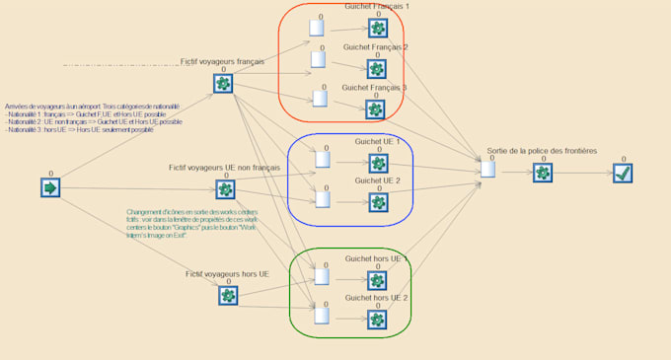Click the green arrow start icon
pyautogui.click(x=50, y=187)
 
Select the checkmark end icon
pyautogui.click(x=622, y=173)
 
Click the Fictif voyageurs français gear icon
pyautogui.click(x=224, y=84)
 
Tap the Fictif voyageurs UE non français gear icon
pyautogui.click(x=226, y=189)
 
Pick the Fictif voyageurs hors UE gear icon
pyautogui.click(x=228, y=295)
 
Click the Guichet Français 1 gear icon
pyautogui.click(x=378, y=28)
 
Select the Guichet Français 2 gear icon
pyautogui.click(x=376, y=68)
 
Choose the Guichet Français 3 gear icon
pyautogui.click(x=375, y=108)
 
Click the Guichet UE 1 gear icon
pyautogui.click(x=378, y=163)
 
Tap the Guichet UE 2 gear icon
pyautogui.click(x=377, y=202)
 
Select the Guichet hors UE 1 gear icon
pyautogui.click(x=377, y=280)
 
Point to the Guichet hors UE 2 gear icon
pyautogui.click(x=377, y=319)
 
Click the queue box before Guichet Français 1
pyautogui.click(x=317, y=28)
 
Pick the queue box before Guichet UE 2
pyautogui.click(x=322, y=199)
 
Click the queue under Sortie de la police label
pyautogui.click(x=487, y=170)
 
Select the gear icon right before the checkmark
pyautogui.click(x=543, y=173)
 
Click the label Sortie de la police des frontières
pyautogui.click(x=541, y=151)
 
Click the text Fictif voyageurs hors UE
pyautogui.click(x=227, y=273)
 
